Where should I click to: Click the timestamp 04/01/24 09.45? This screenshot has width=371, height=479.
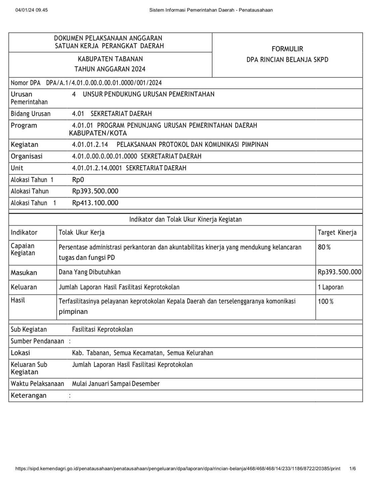[x=32, y=10]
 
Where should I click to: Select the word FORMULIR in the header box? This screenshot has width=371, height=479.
[x=287, y=49]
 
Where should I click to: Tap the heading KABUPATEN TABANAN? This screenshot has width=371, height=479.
[x=110, y=59]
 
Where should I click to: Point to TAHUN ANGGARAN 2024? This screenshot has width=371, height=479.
[x=110, y=69]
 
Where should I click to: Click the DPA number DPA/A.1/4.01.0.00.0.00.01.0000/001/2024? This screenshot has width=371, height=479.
[x=104, y=83]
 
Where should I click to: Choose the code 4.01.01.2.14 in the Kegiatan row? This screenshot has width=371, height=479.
[x=90, y=145]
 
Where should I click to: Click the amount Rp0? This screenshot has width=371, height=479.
[x=78, y=180]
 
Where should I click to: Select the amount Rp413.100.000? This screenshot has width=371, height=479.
[x=95, y=203]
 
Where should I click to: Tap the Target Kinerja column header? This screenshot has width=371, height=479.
[x=337, y=232]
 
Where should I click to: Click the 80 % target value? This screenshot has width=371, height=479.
[x=324, y=247]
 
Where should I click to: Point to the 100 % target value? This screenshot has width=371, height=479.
[x=325, y=302]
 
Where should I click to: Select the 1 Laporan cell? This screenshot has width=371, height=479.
[x=330, y=287]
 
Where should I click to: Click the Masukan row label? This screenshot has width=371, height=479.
[x=24, y=273]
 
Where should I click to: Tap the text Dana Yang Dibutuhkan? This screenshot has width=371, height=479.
[x=90, y=272]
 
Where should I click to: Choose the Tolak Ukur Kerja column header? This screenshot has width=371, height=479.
[x=82, y=232]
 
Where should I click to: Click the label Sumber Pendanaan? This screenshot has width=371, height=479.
[x=37, y=341]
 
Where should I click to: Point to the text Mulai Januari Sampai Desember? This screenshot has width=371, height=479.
[x=116, y=384]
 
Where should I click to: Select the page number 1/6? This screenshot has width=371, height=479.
[x=352, y=469]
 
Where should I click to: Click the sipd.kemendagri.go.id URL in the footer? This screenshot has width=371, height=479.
[x=178, y=469]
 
